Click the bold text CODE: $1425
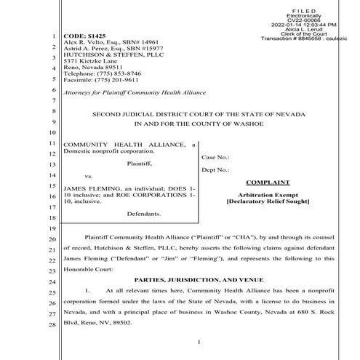pyautogui.click(x=83, y=35)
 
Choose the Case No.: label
pyautogui.click(x=215, y=157)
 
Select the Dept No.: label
pyautogui.click(x=217, y=171)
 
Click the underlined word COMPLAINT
pyautogui.click(x=268, y=183)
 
